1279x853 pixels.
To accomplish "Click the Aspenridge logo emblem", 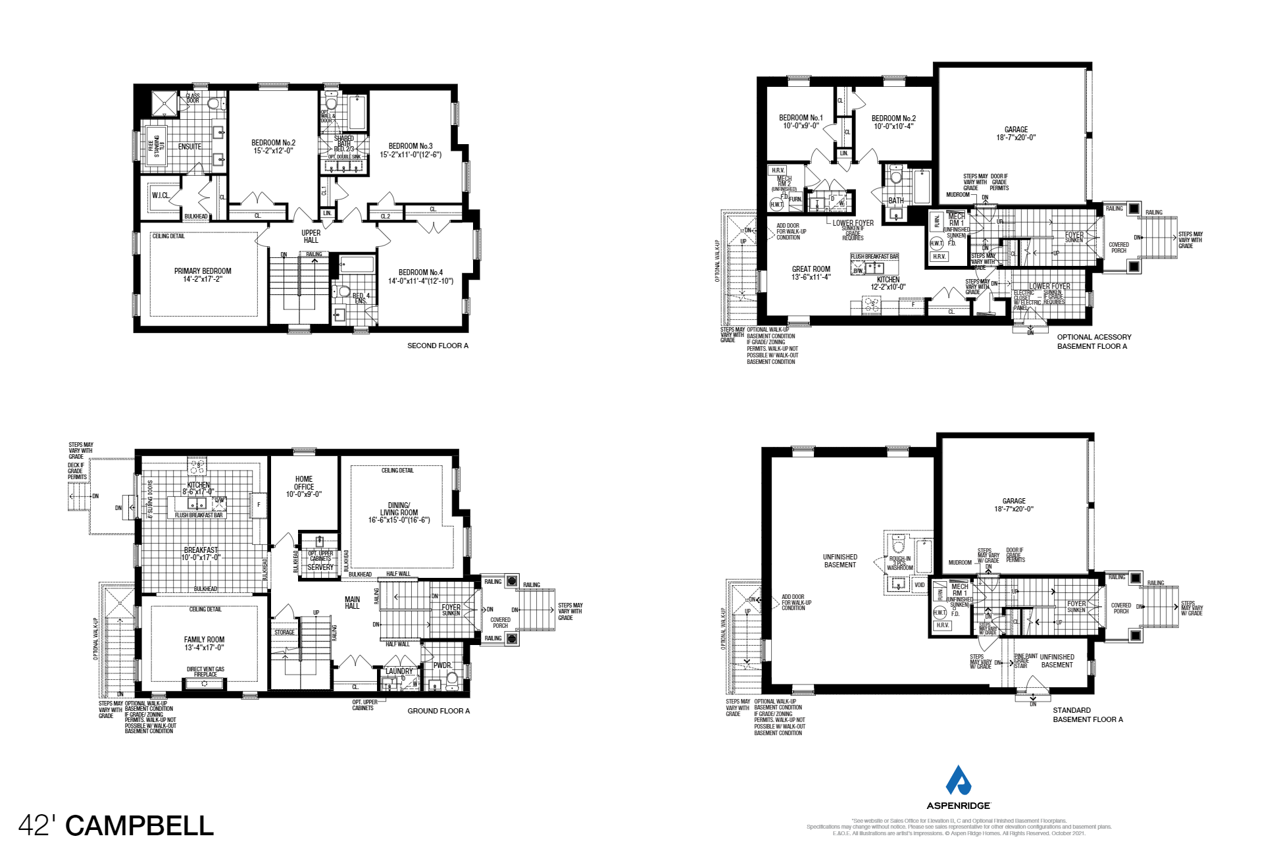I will (x=958, y=781).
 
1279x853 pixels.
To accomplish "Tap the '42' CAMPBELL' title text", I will (x=116, y=825).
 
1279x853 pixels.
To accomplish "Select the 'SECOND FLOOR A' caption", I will (x=438, y=346).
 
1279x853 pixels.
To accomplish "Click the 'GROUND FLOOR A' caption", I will (x=438, y=711).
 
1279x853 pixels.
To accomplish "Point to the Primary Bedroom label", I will (x=203, y=275).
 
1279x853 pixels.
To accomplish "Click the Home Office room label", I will (x=304, y=486).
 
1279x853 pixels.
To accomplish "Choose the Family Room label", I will (x=204, y=643).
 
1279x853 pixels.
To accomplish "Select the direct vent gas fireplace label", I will (x=205, y=672).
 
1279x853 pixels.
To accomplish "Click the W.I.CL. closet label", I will (x=161, y=195).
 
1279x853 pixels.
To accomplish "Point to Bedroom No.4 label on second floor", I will (x=420, y=276).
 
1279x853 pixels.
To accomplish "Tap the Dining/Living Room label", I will (x=399, y=513).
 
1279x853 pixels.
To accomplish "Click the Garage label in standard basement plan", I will (x=1014, y=505).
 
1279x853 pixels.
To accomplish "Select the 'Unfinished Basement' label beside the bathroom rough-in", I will (x=840, y=561).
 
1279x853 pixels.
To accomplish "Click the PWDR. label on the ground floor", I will (x=442, y=665).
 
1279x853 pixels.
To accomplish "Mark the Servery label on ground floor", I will (x=320, y=567).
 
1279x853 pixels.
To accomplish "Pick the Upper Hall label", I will (x=311, y=236).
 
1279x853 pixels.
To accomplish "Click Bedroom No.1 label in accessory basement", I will (x=801, y=122).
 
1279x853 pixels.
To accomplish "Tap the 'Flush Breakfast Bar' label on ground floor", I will (x=199, y=515).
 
